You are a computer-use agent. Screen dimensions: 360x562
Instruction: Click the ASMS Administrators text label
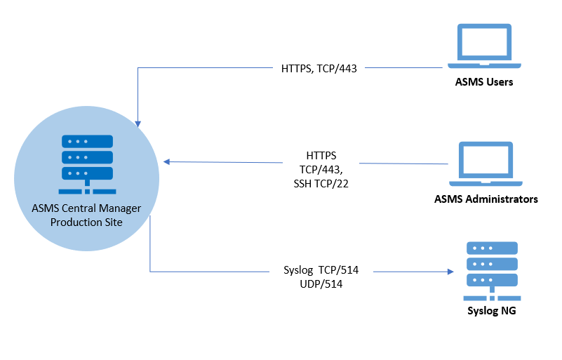point(486,199)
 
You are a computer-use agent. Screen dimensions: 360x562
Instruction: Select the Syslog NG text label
point(491,310)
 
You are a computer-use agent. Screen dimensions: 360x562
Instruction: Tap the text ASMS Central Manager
point(87,208)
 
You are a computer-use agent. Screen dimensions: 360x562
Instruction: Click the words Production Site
point(87,222)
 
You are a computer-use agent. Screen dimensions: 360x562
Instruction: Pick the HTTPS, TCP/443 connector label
point(319,69)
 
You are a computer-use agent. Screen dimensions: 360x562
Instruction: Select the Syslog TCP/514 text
point(326,270)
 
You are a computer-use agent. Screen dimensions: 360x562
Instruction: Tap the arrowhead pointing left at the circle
point(167,161)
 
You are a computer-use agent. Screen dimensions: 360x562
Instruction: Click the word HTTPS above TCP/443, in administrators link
point(322,155)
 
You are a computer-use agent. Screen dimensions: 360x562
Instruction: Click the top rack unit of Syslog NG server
point(492,248)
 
